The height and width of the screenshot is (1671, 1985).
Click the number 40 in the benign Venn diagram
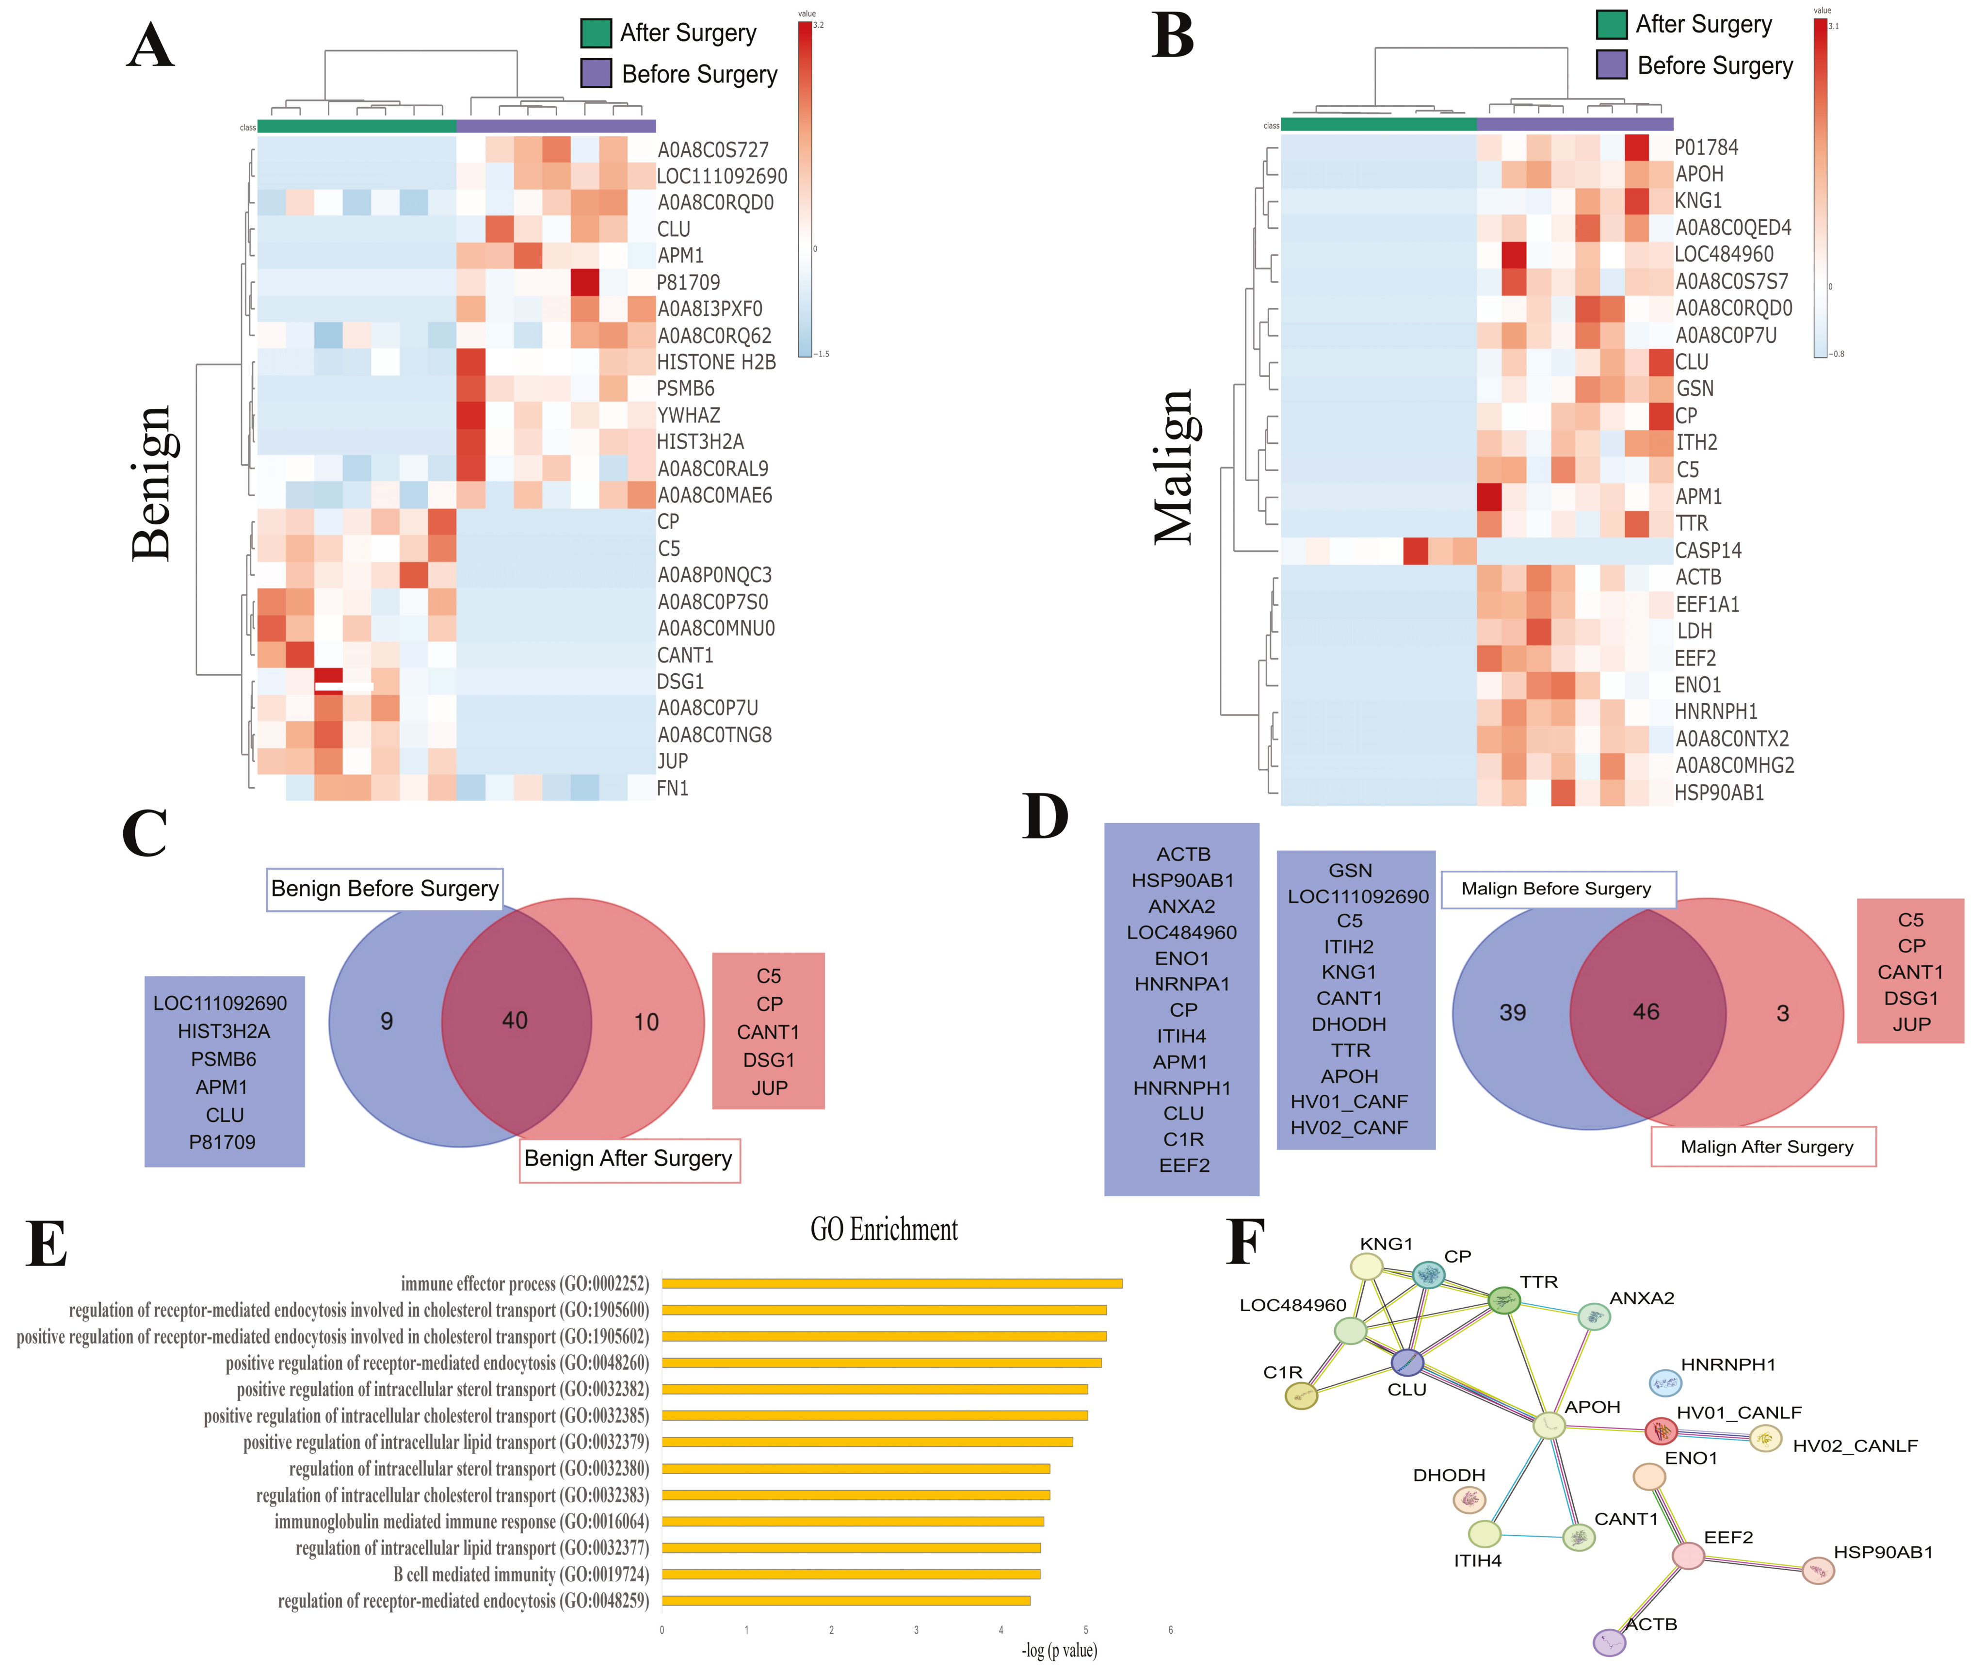pyautogui.click(x=514, y=1020)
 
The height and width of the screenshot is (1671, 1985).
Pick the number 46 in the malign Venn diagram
pyautogui.click(x=1646, y=1012)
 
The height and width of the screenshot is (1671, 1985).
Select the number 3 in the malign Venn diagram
pyautogui.click(x=1782, y=1014)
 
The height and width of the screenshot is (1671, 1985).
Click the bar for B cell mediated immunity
pyautogui.click(x=851, y=1574)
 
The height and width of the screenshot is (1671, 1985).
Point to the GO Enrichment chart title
pyautogui.click(x=884, y=1230)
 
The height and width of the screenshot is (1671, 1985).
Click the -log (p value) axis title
pyautogui.click(x=1059, y=1650)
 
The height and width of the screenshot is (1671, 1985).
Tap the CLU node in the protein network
pyautogui.click(x=1407, y=1363)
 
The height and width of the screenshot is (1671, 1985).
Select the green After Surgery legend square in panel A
pyautogui.click(x=596, y=33)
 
